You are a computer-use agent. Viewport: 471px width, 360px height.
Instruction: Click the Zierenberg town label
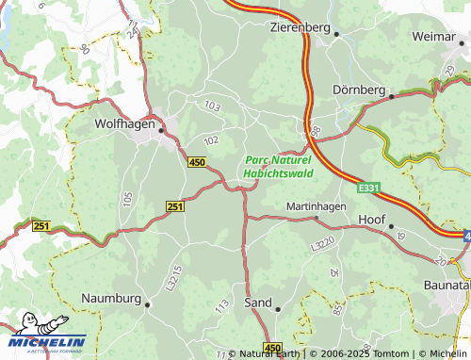300,27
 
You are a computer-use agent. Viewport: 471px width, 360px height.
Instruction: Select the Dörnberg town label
360,90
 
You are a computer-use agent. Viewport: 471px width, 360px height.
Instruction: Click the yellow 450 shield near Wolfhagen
197,163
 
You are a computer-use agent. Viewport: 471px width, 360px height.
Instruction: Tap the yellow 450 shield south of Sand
271,348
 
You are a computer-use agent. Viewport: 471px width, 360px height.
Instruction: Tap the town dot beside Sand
279,306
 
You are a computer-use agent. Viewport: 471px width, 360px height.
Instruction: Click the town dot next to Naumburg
148,303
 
